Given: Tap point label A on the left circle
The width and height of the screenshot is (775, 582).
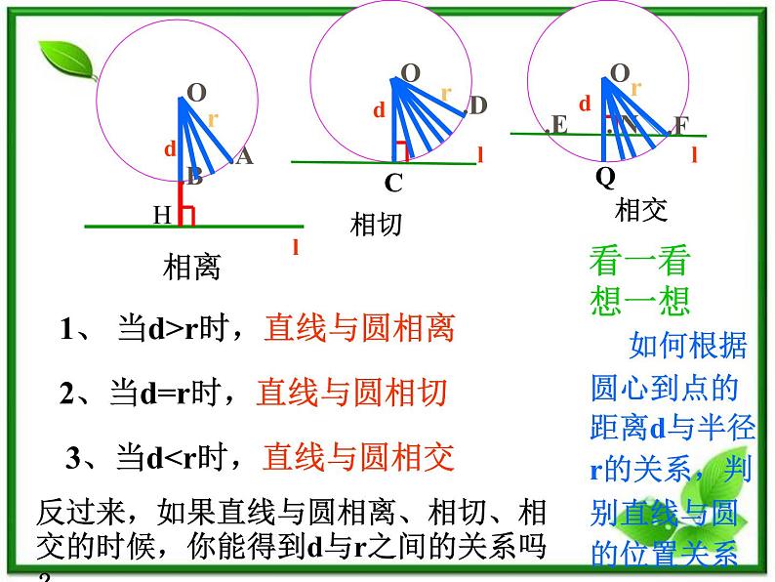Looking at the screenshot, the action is pyautogui.click(x=244, y=155).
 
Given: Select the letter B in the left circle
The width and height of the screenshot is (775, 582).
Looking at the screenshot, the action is pyautogui.click(x=194, y=177).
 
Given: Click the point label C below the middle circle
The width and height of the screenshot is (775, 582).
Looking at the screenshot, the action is pyautogui.click(x=393, y=184).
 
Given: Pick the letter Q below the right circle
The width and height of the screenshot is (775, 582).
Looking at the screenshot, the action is pyautogui.click(x=605, y=177).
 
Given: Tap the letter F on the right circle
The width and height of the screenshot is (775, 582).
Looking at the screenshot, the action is pyautogui.click(x=680, y=126).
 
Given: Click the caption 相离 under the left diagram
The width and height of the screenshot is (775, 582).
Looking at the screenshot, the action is pyautogui.click(x=192, y=267).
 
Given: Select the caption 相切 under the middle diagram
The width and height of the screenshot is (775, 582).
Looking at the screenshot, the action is pyautogui.click(x=376, y=225).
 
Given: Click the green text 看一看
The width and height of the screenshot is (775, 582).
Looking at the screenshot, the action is pyautogui.click(x=639, y=261).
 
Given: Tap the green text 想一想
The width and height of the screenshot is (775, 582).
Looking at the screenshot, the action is pyautogui.click(x=639, y=299).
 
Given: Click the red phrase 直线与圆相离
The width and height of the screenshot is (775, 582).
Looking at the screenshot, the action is pyautogui.click(x=359, y=328).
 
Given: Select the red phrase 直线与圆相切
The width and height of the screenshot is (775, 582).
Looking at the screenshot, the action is pyautogui.click(x=351, y=392).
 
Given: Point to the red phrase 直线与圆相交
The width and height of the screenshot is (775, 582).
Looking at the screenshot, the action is pyautogui.click(x=359, y=456).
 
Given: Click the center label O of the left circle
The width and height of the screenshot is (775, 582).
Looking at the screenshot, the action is pyautogui.click(x=196, y=94).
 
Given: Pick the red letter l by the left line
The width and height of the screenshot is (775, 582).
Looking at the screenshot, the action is pyautogui.click(x=295, y=247).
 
